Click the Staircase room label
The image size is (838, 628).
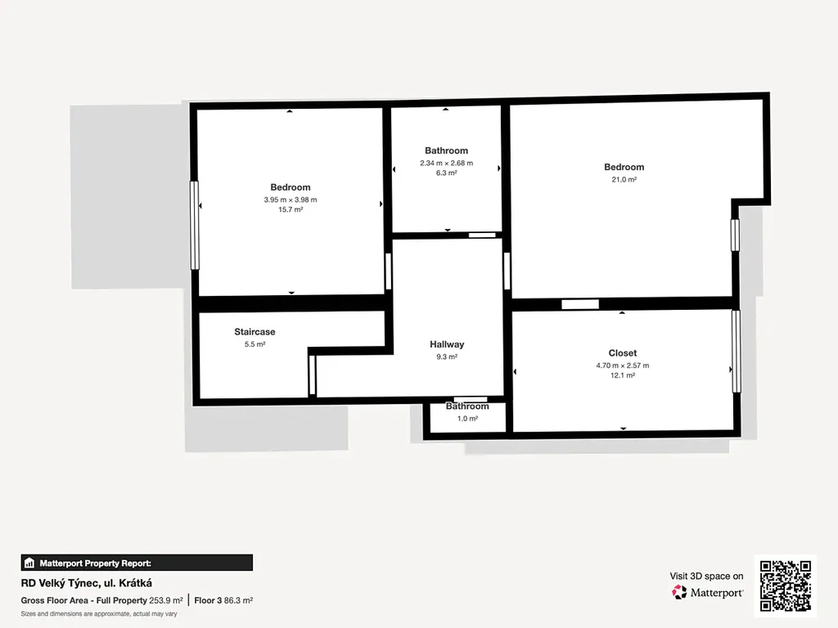tap(255, 332)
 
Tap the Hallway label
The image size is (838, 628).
tap(447, 344)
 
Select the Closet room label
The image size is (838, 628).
tap(623, 353)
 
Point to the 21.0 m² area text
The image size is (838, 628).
tap(624, 179)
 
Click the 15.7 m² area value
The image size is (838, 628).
tap(291, 209)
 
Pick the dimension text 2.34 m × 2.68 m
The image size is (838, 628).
tap(446, 163)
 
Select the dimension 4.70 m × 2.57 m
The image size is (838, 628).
tap(623, 366)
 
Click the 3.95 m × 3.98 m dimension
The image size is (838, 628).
tap(291, 200)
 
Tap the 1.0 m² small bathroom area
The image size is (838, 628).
tap(467, 419)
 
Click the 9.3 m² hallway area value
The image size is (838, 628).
tap(447, 357)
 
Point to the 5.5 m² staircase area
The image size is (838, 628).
tap(255, 344)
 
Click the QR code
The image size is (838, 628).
tap(786, 585)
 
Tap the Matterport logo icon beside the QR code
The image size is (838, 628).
tap(679, 592)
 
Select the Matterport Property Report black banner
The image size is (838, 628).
tap(137, 563)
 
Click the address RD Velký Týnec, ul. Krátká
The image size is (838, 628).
tap(87, 583)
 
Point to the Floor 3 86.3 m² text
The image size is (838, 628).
tap(223, 600)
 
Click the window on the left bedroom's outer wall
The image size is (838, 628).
tap(195, 226)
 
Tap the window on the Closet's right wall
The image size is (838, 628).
tap(736, 352)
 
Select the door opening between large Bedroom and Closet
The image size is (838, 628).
tap(580, 304)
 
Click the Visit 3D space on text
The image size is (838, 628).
tap(706, 576)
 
